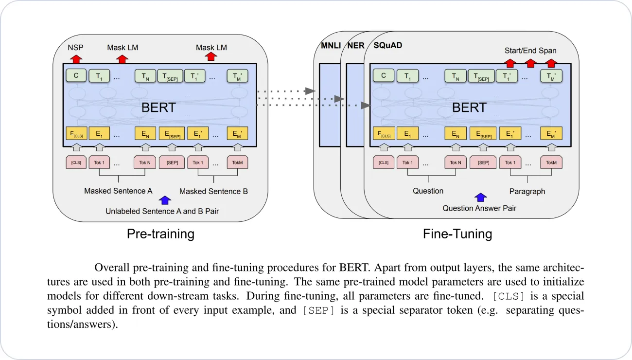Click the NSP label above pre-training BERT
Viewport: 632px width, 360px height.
(75, 48)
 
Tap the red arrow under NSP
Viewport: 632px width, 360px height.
(75, 59)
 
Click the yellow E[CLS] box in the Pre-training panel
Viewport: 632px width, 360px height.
(76, 134)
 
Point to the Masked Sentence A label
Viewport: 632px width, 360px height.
(118, 191)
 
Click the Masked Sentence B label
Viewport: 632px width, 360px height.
(213, 191)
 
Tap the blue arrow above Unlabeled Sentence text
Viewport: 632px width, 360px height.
(165, 200)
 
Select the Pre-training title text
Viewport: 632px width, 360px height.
(160, 234)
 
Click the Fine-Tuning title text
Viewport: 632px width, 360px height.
(457, 234)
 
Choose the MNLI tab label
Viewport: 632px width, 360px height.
(331, 46)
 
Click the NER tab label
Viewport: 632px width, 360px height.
(355, 46)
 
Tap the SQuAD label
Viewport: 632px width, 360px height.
(387, 46)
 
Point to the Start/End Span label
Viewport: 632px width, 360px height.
(530, 51)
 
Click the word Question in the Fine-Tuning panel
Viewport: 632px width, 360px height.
(428, 191)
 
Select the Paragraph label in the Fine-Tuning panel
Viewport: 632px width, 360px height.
(527, 191)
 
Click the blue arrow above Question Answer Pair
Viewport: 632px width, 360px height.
(480, 197)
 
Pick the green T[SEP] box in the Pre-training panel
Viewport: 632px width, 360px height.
(170, 76)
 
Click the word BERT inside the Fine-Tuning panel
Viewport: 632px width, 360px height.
(469, 108)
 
